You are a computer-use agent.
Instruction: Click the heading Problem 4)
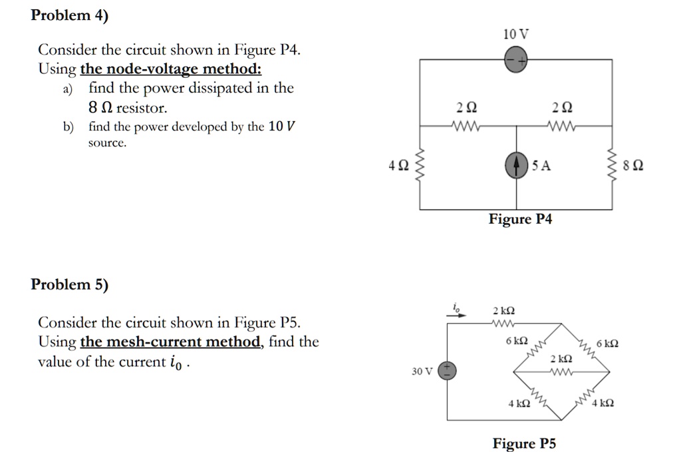(69, 17)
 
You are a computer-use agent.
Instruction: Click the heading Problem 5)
(69, 285)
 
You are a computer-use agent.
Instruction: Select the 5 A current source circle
(516, 166)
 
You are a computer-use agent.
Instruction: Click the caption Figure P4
(520, 219)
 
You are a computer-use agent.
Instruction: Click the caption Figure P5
(524, 443)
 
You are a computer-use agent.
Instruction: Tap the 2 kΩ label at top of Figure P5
(504, 311)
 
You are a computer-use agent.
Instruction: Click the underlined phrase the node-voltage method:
(171, 69)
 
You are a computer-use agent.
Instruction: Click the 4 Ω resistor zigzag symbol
(419, 166)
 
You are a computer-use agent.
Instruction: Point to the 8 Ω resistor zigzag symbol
(612, 166)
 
